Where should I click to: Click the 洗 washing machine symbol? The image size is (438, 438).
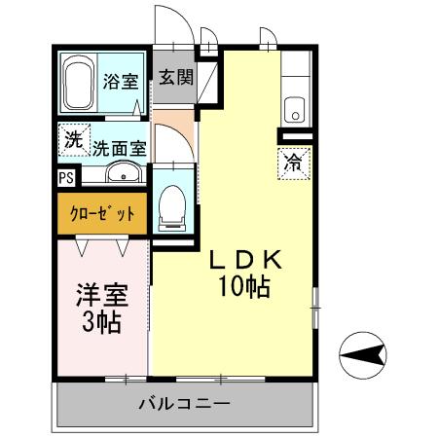click(73, 139)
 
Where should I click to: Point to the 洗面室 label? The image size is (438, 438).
click(119, 149)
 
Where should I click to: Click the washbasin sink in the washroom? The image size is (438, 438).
click(122, 174)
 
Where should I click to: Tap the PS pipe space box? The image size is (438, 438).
click(65, 178)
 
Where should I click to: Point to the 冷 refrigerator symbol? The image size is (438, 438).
click(291, 163)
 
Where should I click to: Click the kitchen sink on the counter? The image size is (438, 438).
click(295, 109)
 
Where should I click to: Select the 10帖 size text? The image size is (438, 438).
click(244, 287)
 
